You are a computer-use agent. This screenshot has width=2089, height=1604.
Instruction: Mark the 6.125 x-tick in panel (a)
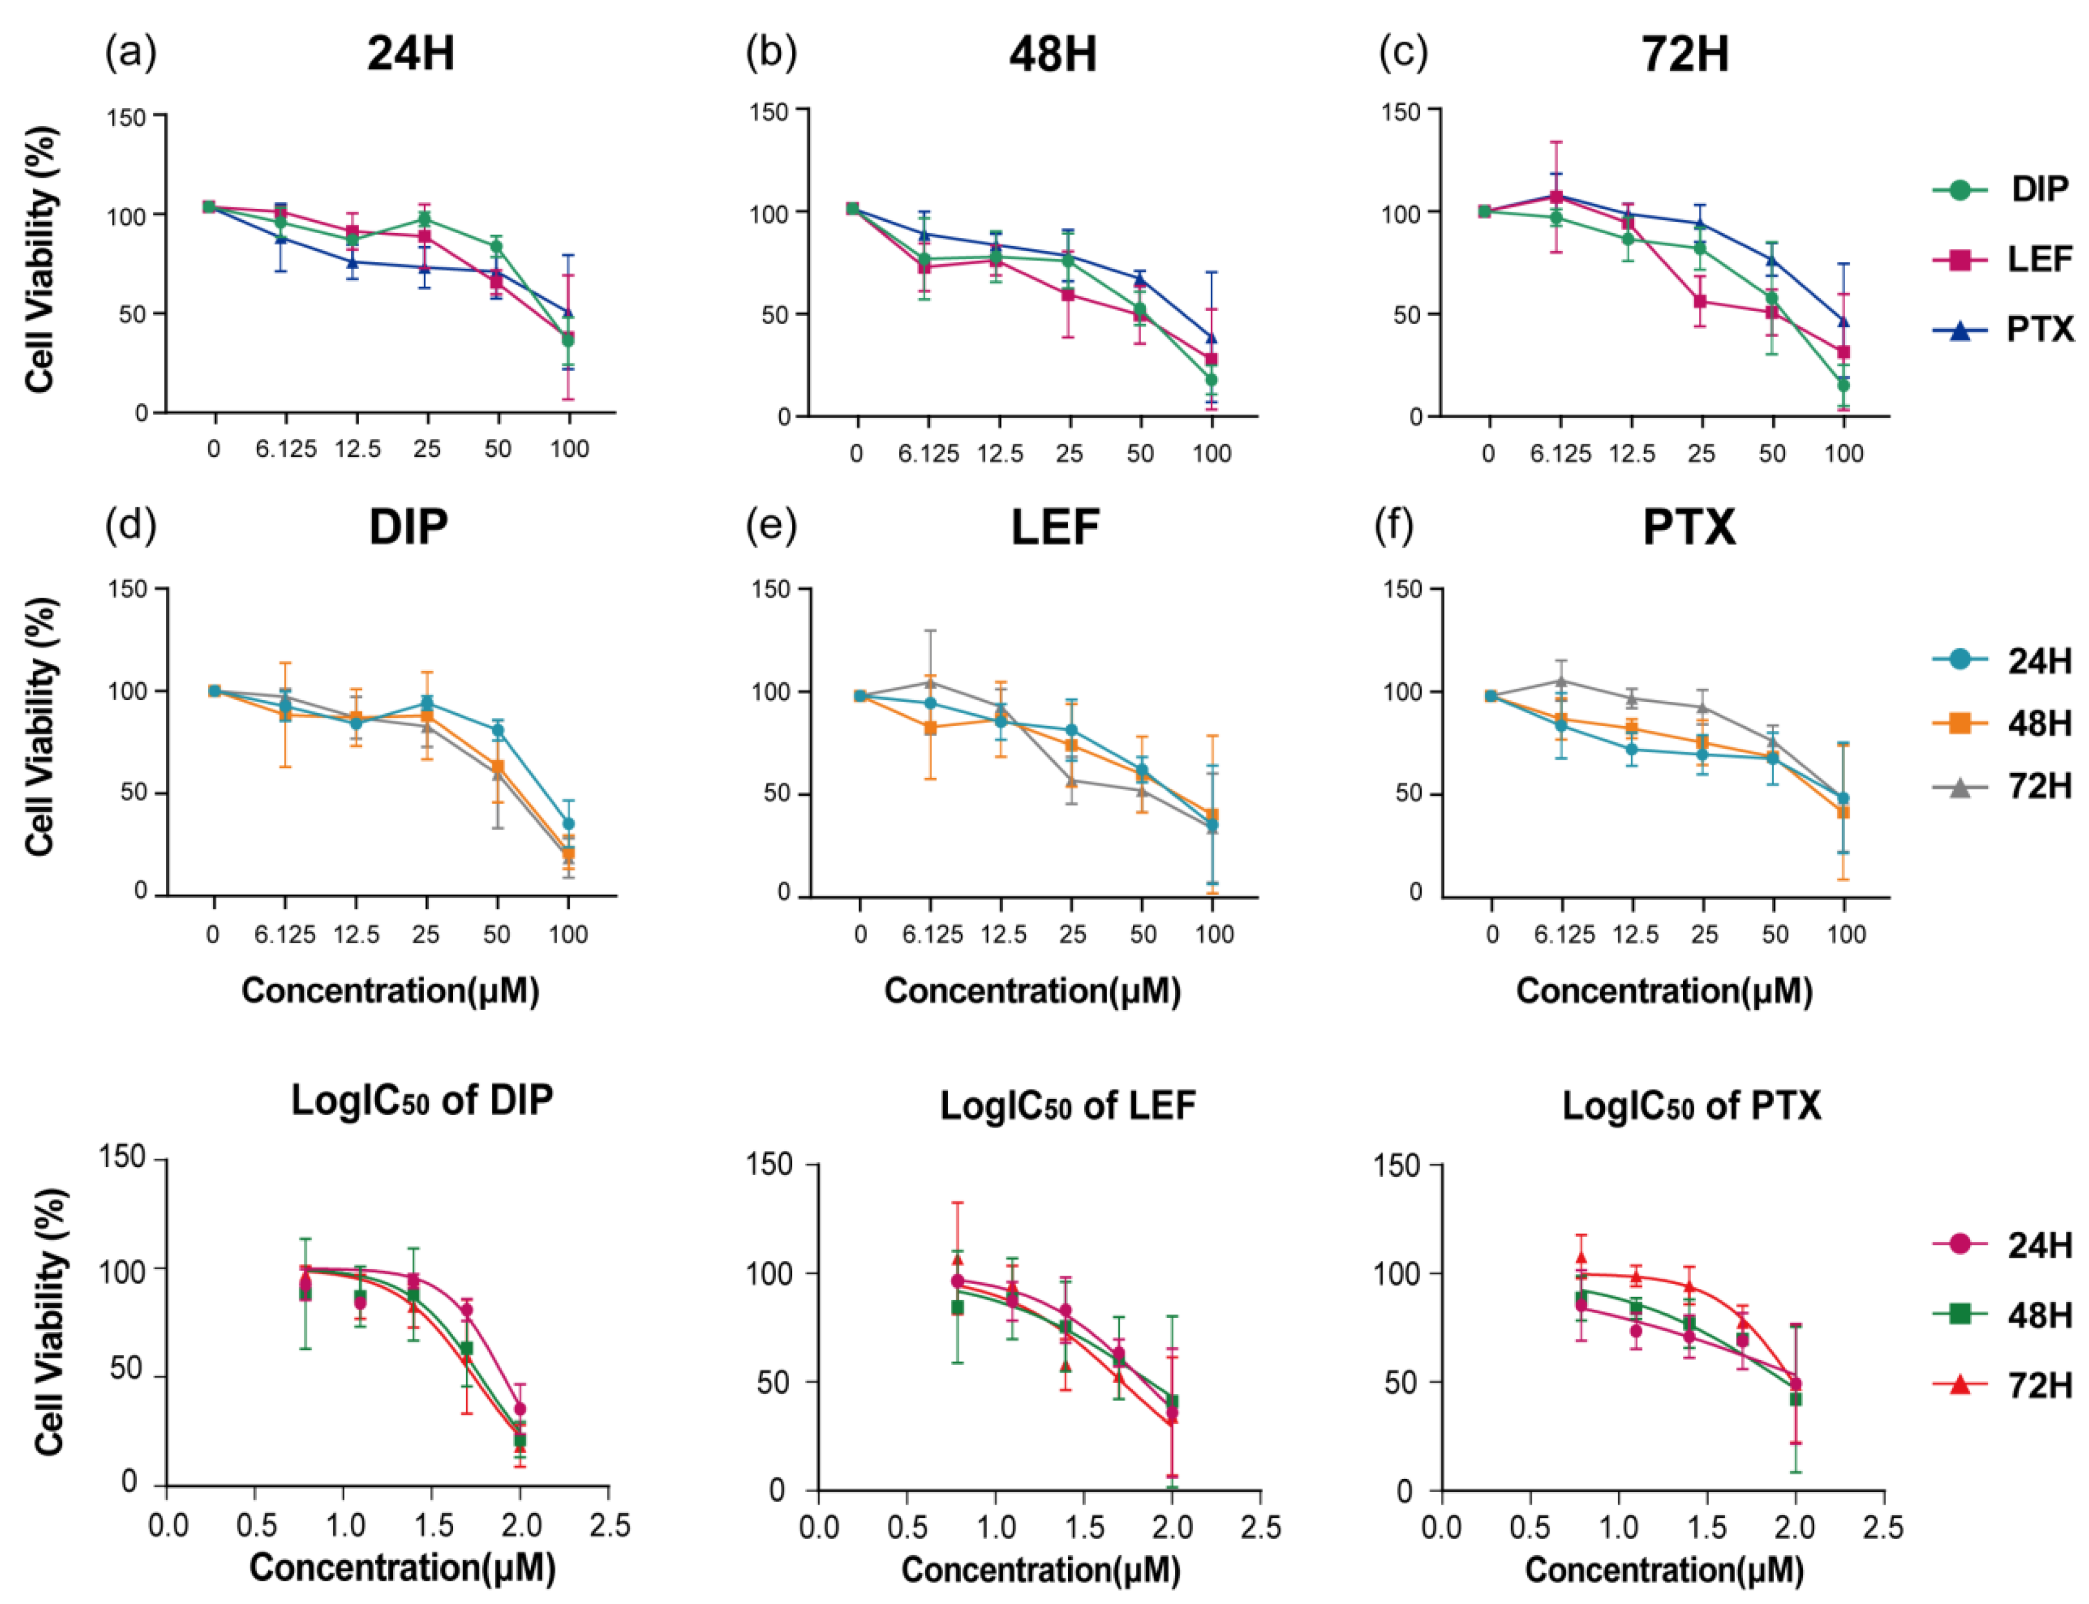285,449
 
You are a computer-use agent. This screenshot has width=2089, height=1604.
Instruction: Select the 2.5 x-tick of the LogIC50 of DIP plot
609,1525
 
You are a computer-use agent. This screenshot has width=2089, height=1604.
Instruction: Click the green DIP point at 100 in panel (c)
1843,385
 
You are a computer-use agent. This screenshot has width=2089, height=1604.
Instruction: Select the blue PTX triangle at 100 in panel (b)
1211,338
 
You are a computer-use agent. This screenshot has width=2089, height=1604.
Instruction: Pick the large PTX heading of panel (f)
1688,527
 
